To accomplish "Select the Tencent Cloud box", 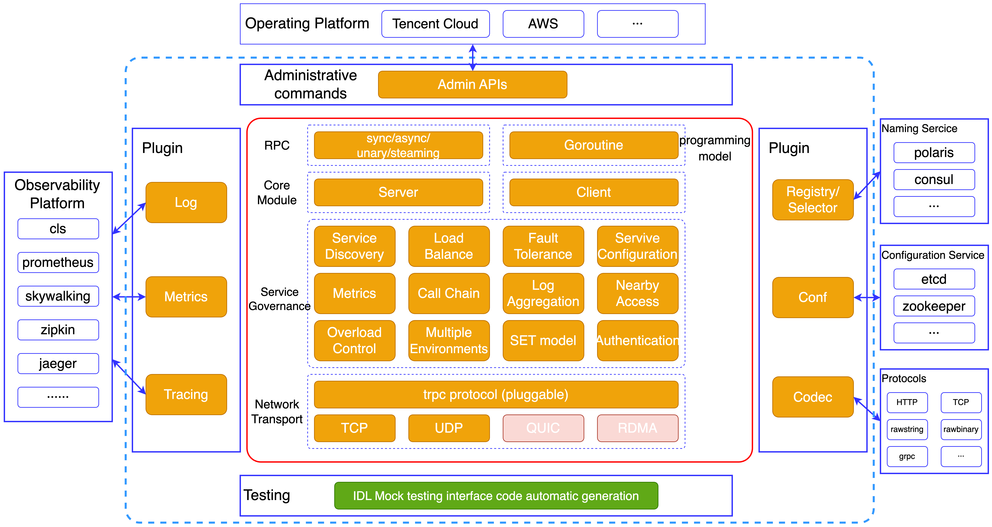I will click(x=435, y=24).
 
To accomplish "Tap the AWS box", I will click(x=543, y=24).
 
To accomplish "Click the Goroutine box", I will click(x=593, y=145).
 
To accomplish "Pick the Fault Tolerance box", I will click(x=543, y=246).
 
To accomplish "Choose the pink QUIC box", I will click(x=543, y=428).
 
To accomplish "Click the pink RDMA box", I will click(x=637, y=428).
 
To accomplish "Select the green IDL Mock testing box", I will click(x=496, y=496).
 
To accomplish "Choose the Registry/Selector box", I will click(x=813, y=199).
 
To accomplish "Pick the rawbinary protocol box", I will click(x=961, y=429).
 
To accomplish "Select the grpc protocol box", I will click(x=907, y=457).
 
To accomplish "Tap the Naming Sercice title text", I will click(x=919, y=128).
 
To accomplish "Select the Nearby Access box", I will click(x=637, y=293).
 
